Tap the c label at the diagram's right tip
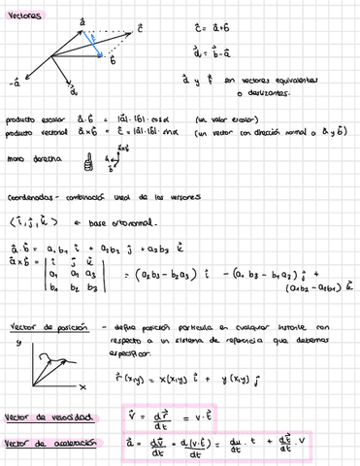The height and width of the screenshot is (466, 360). pos(142,28)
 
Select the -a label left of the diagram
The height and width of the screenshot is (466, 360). pos(15,83)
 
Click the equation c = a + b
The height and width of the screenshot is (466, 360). pos(242,30)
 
